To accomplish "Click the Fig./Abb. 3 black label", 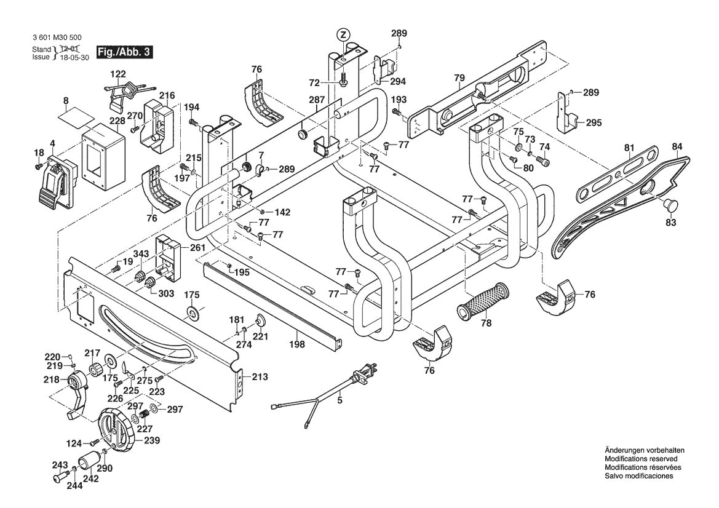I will pyautogui.click(x=124, y=52).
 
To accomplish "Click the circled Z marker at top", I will pyautogui.click(x=343, y=34).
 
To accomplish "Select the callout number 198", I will pyautogui.click(x=297, y=344).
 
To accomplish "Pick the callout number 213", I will pyautogui.click(x=260, y=376).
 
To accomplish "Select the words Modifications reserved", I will pyautogui.click(x=641, y=459).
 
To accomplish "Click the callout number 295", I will pyautogui.click(x=593, y=122).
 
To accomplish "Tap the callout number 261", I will pyautogui.click(x=197, y=247).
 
